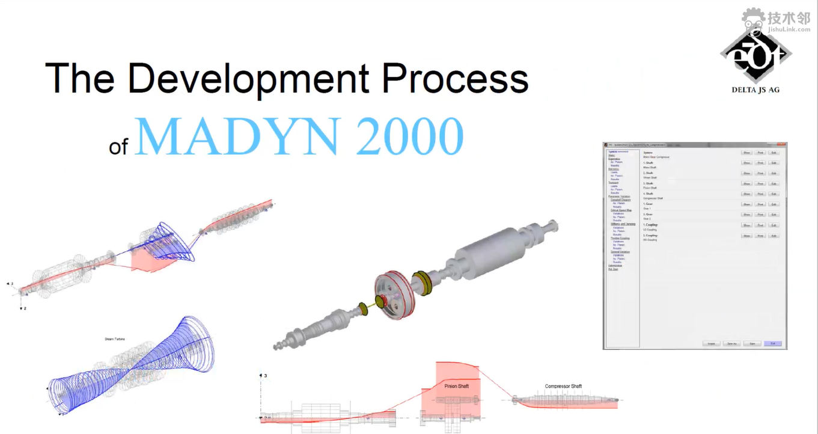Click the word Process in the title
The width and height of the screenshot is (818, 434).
(x=455, y=79)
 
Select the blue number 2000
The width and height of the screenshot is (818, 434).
(x=409, y=136)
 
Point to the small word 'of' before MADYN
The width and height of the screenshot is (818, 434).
(x=118, y=146)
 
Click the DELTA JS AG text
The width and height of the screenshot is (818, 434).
(x=755, y=90)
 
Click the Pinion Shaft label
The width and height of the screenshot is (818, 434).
(x=457, y=386)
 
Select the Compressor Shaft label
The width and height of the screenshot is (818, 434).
(x=563, y=386)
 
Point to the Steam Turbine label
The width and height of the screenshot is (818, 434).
(x=117, y=339)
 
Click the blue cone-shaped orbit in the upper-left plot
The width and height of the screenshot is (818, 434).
(x=171, y=243)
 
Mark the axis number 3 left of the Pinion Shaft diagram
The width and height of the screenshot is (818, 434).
(x=265, y=376)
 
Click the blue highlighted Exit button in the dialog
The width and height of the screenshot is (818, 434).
(x=772, y=343)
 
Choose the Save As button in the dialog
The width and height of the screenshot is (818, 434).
(x=731, y=343)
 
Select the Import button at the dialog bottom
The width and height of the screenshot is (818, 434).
(x=711, y=343)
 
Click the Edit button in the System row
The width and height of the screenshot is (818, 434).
(x=774, y=153)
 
